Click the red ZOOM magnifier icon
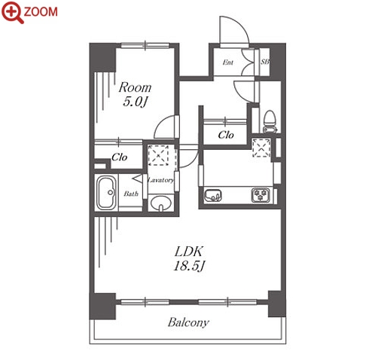coord(13,12)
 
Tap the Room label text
coord(135,87)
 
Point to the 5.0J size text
coord(135,102)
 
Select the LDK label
coord(188,252)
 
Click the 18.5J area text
coord(189,266)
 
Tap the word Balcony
coord(188,322)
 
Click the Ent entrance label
coord(228,62)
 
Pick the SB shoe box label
coord(264,62)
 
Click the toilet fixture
coord(270,122)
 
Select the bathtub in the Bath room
coord(106,193)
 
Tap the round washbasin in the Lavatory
coord(160,203)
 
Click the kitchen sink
coord(213,195)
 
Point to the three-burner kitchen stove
coord(261,195)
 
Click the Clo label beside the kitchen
coord(226,135)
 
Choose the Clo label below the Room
coord(120,157)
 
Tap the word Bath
coord(131,194)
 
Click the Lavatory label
coord(160,180)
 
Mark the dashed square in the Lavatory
coord(158,155)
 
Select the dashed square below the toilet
coord(261,148)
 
